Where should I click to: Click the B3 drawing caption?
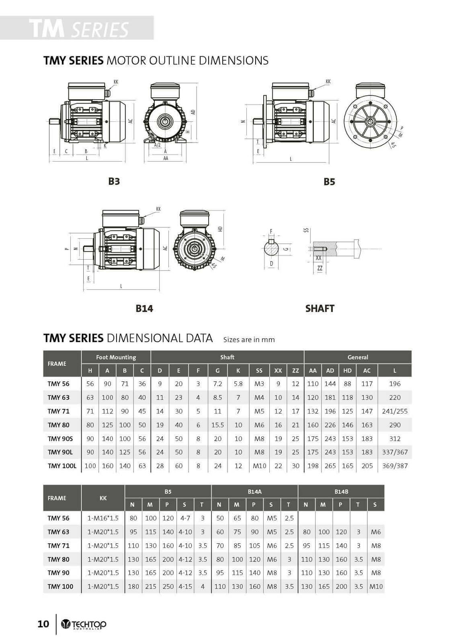[114, 181]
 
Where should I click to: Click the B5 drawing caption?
[329, 182]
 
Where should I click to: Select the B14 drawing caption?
[144, 308]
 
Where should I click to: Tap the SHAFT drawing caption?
[320, 308]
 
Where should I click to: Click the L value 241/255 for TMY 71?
[394, 411]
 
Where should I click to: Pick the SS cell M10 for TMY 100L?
[259, 466]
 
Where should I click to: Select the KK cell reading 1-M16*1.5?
[103, 518]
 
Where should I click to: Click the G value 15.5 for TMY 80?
[217, 425]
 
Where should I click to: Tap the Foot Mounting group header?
[116, 357]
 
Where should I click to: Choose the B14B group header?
[341, 491]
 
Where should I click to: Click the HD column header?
[347, 371]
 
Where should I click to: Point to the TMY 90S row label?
[60, 438]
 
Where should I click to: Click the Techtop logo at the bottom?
[84, 624]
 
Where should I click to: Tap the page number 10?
[43, 624]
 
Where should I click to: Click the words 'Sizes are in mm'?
[249, 340]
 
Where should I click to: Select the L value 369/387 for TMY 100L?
[394, 466]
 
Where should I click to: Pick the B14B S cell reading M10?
[375, 586]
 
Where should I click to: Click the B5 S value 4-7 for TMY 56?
[185, 518]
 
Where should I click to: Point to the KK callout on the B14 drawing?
[158, 209]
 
